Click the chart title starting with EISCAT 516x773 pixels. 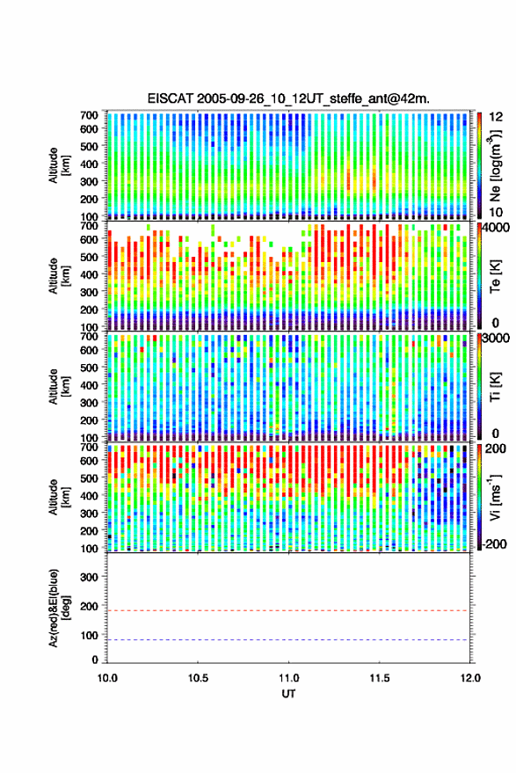(288, 98)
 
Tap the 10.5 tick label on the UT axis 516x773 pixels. (198, 678)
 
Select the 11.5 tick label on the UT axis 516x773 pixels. (380, 678)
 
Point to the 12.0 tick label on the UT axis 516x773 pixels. (470, 678)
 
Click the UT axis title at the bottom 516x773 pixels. (288, 694)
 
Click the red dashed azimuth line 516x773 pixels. (287, 611)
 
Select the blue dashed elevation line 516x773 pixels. (287, 640)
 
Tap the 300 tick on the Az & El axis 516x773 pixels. (89, 577)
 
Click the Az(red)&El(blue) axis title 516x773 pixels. (59, 609)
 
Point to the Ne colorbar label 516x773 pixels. (497, 165)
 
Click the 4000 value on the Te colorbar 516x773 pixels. (496, 229)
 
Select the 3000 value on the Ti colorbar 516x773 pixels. (496, 339)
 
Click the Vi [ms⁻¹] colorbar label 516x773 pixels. (496, 498)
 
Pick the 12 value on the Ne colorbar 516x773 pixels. (497, 117)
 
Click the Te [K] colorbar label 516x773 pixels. (496, 276)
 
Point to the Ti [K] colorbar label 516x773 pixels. (496, 387)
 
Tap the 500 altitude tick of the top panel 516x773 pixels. (89, 146)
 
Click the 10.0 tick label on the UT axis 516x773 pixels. (107, 678)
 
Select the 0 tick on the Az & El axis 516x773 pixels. (95, 660)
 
